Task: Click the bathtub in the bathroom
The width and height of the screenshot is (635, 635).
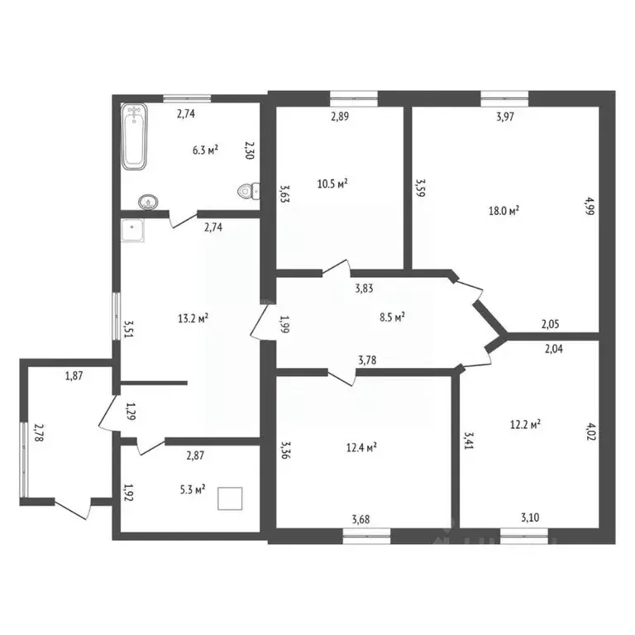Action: coord(135,136)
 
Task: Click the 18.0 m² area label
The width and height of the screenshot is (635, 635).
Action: coord(504,212)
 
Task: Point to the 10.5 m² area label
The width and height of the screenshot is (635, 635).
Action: coord(332,183)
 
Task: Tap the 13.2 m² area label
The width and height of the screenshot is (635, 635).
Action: coord(192,317)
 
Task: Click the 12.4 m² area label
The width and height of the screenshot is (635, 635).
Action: coord(360,447)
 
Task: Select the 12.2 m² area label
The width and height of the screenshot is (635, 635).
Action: coord(524,425)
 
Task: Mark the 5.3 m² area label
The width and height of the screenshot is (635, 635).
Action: coord(193,490)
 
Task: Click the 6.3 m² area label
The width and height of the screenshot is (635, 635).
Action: coord(205,150)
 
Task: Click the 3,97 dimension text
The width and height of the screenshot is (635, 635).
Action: coord(505,117)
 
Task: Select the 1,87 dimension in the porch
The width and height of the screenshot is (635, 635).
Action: coord(75,377)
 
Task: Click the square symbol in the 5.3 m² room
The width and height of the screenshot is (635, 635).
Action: coord(230,499)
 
